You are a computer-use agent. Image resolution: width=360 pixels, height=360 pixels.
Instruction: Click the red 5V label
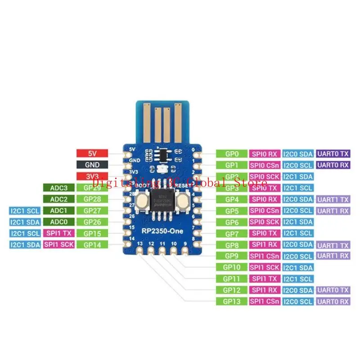click(x=92, y=153)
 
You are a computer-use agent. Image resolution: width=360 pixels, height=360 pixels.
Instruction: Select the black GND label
click(x=92, y=165)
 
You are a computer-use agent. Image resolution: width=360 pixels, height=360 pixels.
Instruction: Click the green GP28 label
click(x=92, y=199)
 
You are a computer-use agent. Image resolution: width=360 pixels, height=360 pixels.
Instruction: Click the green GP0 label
click(x=231, y=153)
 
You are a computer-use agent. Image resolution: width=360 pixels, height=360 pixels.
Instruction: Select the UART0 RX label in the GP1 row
click(x=333, y=165)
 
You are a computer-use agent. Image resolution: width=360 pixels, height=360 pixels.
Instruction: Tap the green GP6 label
click(x=231, y=222)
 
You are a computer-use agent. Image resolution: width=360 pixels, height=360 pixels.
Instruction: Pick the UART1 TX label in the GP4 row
click(x=333, y=199)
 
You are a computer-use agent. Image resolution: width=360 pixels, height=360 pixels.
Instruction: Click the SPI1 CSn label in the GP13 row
click(x=265, y=301)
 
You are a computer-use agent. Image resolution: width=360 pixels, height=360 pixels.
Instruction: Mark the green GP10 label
click(x=231, y=267)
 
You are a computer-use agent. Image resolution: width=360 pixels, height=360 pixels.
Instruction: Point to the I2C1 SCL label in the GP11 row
click(x=298, y=279)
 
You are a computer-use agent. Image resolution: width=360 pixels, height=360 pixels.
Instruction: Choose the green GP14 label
click(x=92, y=244)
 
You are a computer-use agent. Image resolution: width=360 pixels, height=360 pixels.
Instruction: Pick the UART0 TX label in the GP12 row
click(x=333, y=290)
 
